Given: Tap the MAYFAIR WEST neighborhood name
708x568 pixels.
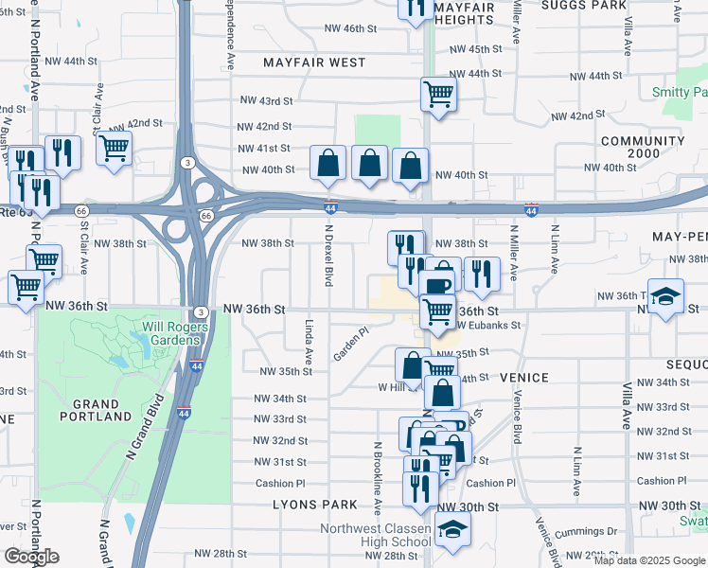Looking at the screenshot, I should [x=315, y=62].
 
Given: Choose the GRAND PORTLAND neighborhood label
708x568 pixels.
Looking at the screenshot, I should [x=95, y=410].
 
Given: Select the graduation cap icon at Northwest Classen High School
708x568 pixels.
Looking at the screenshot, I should [x=452, y=532].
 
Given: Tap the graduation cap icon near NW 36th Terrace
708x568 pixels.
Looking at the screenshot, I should [x=665, y=294].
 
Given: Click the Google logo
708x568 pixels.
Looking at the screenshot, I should [x=31, y=556].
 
